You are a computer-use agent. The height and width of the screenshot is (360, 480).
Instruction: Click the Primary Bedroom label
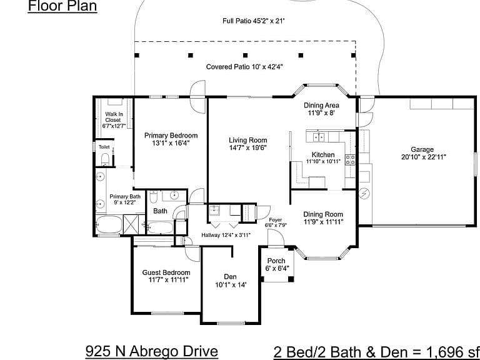tap(171, 135)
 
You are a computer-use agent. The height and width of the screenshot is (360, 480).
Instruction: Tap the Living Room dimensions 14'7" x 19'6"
tap(248, 148)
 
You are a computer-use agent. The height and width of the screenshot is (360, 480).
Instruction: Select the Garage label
tap(422, 149)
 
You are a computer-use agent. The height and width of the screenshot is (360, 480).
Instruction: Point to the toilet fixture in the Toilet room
tap(105, 159)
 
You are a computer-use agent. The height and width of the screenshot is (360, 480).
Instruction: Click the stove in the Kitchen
tap(350, 160)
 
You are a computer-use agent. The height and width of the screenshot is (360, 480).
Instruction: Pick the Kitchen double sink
tap(319, 137)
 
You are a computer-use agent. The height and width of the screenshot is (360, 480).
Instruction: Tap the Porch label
tap(276, 261)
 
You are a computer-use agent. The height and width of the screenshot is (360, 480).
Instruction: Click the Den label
tap(230, 277)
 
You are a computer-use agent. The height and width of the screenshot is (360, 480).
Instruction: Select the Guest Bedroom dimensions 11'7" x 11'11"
tap(168, 280)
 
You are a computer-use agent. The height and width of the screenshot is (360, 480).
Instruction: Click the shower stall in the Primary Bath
tap(131, 224)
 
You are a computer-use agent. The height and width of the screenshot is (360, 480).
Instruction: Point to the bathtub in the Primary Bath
tap(109, 224)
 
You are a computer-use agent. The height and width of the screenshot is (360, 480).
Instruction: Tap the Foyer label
tap(276, 220)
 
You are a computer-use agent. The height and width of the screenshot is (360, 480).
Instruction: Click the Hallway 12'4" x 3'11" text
tap(226, 235)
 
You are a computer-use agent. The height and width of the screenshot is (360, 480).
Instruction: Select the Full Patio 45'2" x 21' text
tap(254, 21)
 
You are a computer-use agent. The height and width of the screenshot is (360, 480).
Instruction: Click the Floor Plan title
tap(62, 6)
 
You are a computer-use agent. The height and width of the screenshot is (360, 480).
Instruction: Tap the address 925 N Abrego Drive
tap(151, 351)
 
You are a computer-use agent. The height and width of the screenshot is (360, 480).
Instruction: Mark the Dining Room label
tap(323, 214)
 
